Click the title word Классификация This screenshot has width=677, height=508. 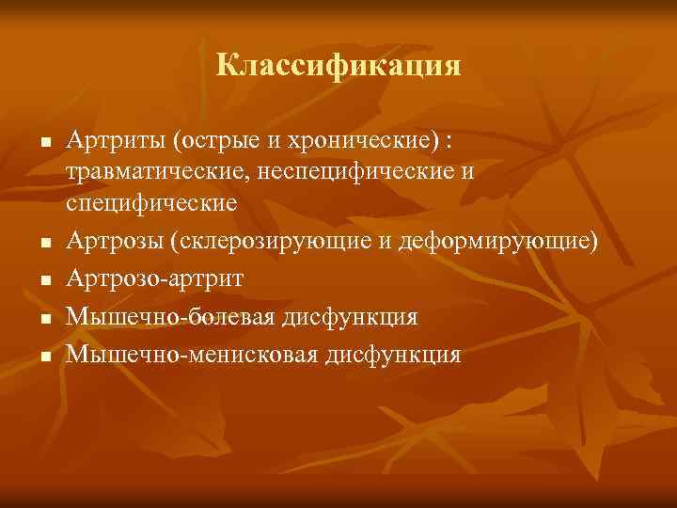coord(338,65)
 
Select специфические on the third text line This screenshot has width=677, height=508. coord(150,203)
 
